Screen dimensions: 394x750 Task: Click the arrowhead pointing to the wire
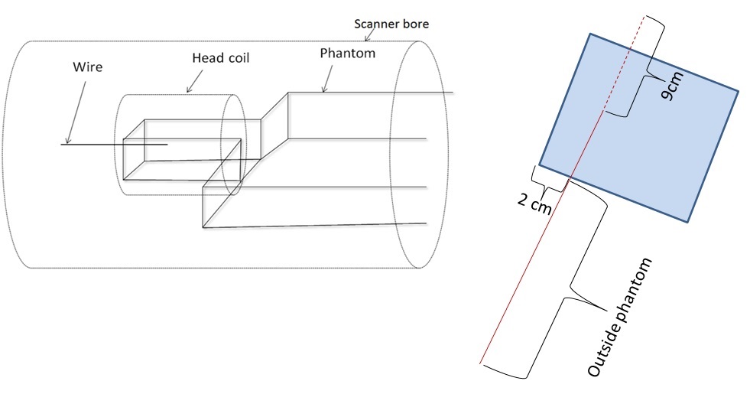coord(68,142)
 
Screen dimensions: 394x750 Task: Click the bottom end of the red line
coord(480,363)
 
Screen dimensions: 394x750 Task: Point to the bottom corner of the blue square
coord(689,222)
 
